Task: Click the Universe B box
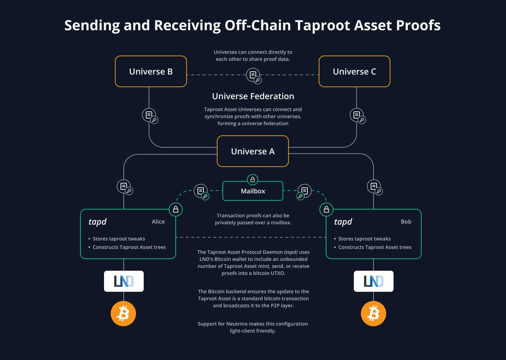tap(151, 71)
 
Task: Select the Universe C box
tap(354, 71)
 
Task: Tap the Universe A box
tap(253, 151)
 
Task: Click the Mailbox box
tap(253, 191)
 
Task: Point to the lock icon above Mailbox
tap(253, 180)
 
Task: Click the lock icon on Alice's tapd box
tap(176, 210)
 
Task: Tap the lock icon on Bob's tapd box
tap(326, 210)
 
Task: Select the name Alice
tap(158, 221)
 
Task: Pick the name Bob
tap(406, 221)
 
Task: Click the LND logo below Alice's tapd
tap(124, 281)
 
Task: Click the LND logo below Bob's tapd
tap(374, 281)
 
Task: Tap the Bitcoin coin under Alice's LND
tap(123, 314)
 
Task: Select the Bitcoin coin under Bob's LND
tap(374, 314)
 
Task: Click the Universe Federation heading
tap(253, 96)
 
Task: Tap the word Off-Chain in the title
tap(258, 25)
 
